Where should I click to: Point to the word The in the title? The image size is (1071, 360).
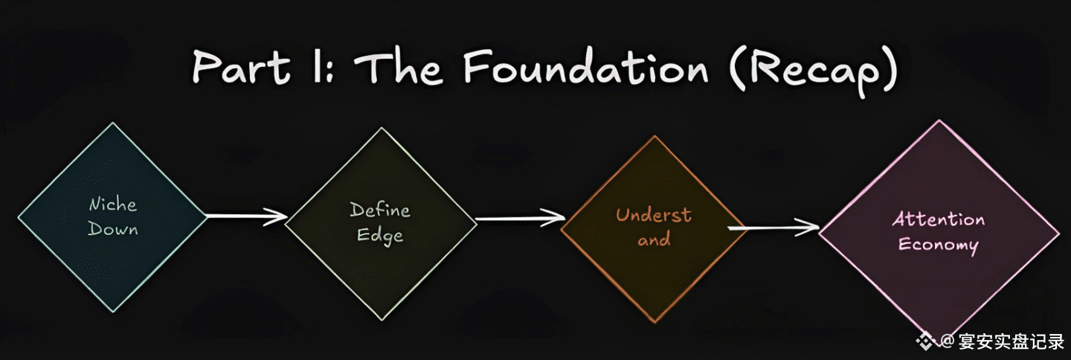point(399,68)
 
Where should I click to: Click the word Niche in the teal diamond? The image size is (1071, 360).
point(113,205)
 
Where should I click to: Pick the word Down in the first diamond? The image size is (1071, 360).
point(113,228)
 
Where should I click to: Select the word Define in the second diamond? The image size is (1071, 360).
point(380,210)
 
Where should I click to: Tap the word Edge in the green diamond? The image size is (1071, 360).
point(380,235)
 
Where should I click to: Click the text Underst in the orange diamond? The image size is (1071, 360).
point(653,216)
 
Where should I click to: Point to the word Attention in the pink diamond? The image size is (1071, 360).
point(938,220)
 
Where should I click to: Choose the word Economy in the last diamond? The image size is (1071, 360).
point(938,244)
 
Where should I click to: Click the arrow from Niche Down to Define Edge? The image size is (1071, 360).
point(245,216)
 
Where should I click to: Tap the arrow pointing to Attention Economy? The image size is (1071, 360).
point(773,228)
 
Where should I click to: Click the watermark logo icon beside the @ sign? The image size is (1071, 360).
point(927,341)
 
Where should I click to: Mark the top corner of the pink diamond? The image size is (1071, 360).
point(939,121)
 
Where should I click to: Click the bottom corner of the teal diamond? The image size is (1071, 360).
point(113,311)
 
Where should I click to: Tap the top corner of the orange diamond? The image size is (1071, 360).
point(653,137)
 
